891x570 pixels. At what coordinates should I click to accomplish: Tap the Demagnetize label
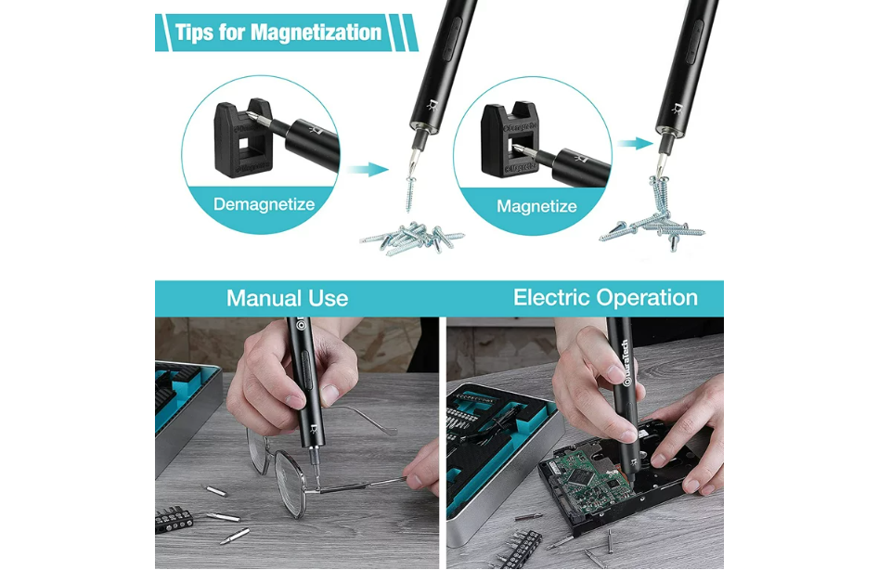tap(264, 204)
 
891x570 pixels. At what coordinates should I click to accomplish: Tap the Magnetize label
tap(536, 206)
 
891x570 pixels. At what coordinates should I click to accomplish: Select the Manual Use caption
tap(287, 298)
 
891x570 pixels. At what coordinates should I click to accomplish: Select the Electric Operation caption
tap(605, 298)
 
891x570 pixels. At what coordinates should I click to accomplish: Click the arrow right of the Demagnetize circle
tap(368, 169)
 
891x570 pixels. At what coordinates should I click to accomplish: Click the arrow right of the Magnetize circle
tap(637, 143)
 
